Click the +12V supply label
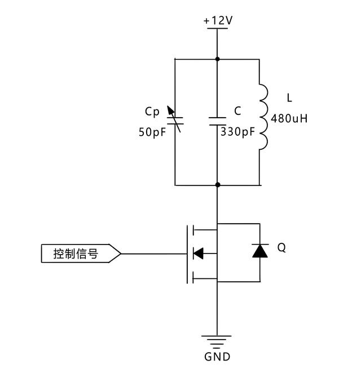click(x=218, y=20)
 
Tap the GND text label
click(x=217, y=357)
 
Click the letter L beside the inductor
click(x=289, y=98)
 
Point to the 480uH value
click(x=289, y=118)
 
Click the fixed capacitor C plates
click(x=217, y=121)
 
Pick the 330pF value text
click(x=239, y=133)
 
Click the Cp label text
click(x=152, y=112)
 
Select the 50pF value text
click(x=153, y=133)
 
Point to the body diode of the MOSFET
click(x=260, y=251)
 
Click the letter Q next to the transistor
click(x=281, y=247)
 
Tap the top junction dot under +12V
click(x=217, y=59)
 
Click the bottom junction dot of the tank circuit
click(x=217, y=185)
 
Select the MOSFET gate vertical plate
click(x=187, y=254)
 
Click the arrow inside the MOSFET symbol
click(x=198, y=254)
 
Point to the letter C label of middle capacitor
click(x=238, y=112)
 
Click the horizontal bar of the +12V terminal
click(x=217, y=29)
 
